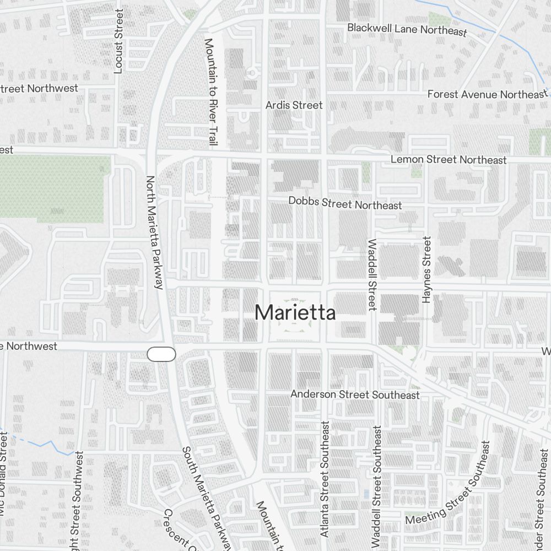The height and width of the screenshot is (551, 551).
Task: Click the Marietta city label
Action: [295, 313]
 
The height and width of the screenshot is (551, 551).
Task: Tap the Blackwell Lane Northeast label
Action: [407, 29]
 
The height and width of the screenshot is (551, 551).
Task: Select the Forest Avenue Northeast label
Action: [488, 95]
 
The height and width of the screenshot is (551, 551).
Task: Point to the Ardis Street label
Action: [294, 105]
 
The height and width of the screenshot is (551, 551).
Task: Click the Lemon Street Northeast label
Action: [448, 160]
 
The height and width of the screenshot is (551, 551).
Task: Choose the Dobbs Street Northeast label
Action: [345, 203]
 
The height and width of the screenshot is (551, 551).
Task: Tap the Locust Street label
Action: [118, 48]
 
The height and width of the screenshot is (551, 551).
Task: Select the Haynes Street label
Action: [426, 269]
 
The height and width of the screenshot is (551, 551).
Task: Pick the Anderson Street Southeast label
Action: [355, 395]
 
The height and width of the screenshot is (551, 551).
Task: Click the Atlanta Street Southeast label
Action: [325, 479]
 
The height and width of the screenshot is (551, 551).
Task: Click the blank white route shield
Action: [161, 354]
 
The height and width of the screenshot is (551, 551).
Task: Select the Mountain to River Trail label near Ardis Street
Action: [209, 91]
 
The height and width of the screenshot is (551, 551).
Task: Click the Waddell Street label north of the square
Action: [372, 274]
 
